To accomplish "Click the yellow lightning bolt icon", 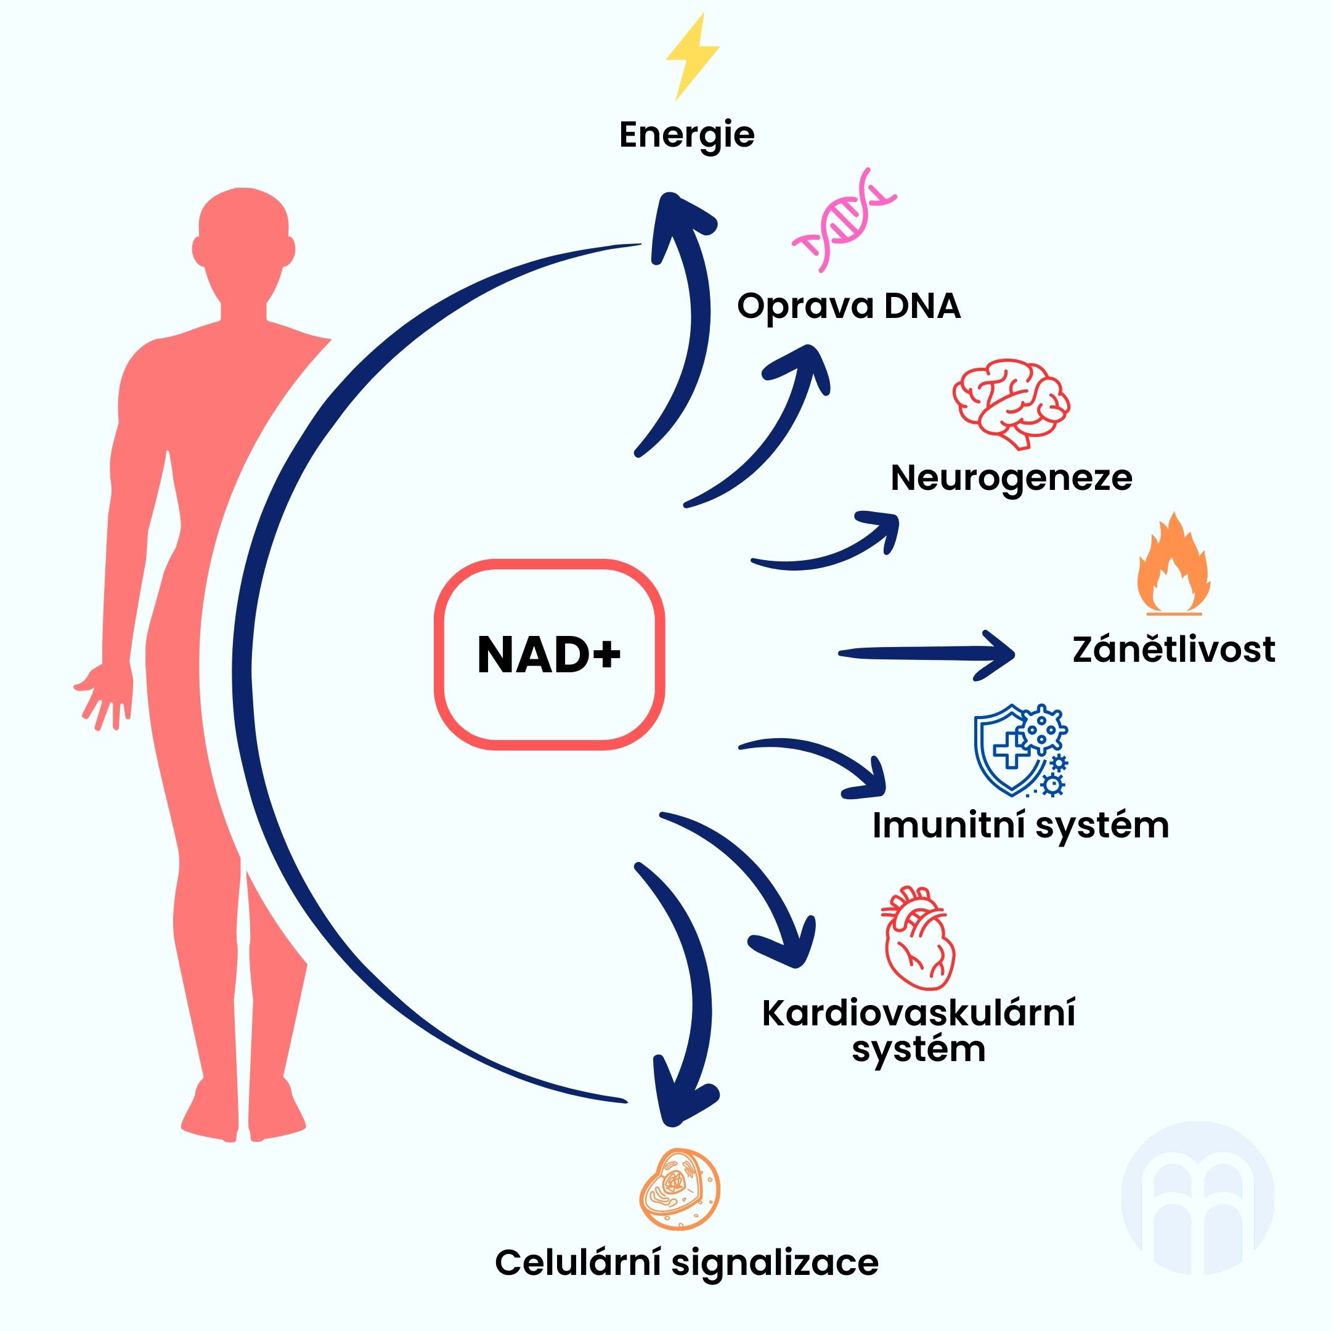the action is [x=693, y=57].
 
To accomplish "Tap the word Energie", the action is [x=687, y=135].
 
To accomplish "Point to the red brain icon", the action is [x=1011, y=404].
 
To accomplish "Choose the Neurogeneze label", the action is [x=1011, y=478].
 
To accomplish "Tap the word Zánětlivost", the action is [x=1174, y=649].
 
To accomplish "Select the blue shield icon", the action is [x=1020, y=751].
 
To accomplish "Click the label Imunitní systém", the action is [x=1021, y=825].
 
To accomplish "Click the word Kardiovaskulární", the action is [x=919, y=1014].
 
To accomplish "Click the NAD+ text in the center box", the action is [x=549, y=654].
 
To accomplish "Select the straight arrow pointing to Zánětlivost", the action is [x=927, y=653].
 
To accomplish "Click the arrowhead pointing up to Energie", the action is [x=684, y=227].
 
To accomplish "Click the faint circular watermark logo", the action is [x=1197, y=1198].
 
